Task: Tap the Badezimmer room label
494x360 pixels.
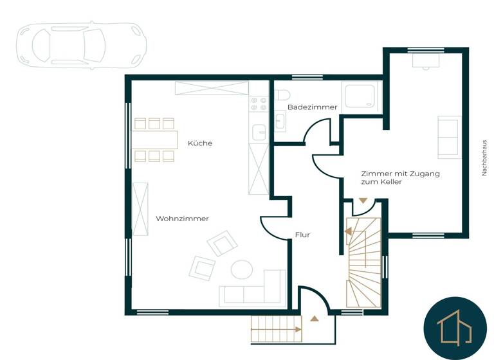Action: coord(312,107)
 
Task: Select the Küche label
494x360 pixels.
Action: coord(200,143)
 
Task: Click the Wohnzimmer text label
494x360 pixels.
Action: coord(182,219)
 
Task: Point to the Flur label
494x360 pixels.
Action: coord(302,235)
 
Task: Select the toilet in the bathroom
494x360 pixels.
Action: coord(282,96)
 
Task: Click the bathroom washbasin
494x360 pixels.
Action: coord(280,120)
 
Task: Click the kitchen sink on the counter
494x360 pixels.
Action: coord(259,131)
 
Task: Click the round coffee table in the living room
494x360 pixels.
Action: coord(242,269)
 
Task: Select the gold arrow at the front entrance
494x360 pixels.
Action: coord(314,318)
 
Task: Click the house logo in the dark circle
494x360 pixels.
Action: coord(454,328)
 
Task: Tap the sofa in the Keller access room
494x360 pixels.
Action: coord(449,137)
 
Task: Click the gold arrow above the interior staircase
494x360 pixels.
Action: coord(363,201)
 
